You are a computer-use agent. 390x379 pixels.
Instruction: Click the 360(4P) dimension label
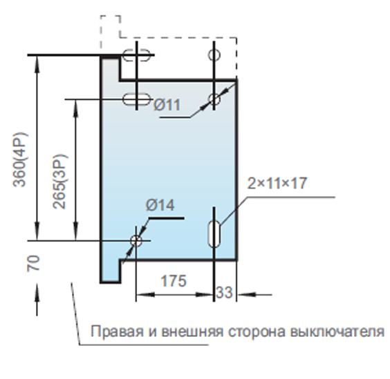pos(20,159)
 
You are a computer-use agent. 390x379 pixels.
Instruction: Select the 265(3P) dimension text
pos(59,182)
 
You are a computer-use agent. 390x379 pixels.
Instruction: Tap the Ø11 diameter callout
pos(167,105)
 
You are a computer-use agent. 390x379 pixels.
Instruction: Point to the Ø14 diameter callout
pos(160,205)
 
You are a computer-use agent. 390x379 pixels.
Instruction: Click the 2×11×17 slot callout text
pos(277,184)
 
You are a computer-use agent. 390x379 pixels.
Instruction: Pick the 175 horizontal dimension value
pos(174,281)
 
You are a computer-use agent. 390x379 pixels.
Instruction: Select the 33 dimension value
pos(224,292)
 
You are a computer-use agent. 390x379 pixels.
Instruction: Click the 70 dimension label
pos(33,264)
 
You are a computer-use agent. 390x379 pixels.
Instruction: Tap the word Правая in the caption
pos(117,331)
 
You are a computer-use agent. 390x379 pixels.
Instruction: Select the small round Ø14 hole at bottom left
pos(136,241)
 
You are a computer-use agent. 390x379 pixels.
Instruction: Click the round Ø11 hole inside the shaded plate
pos(214,99)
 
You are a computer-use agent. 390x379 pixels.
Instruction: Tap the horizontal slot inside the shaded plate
pos(136,99)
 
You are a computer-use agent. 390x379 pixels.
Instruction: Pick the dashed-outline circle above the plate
pos(214,55)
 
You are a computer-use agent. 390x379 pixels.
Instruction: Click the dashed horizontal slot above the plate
pos(136,55)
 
